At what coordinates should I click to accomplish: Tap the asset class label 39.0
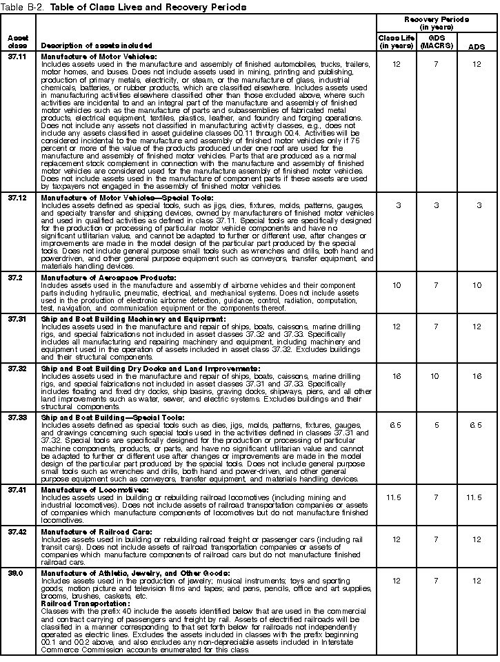pos(16,572)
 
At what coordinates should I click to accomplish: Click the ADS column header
pos(476,46)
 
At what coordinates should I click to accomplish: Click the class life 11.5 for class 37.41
pos(396,497)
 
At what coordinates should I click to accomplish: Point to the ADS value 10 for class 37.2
pos(476,285)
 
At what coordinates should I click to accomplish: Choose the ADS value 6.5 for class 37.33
pos(476,425)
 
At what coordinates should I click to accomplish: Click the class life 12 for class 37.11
pos(396,64)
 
